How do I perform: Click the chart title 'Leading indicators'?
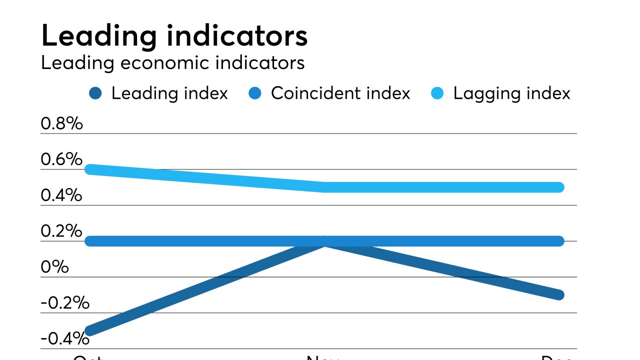point(174,36)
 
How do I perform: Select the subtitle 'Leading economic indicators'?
point(172,63)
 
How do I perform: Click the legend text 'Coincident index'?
point(340,93)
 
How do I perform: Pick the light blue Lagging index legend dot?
point(437,93)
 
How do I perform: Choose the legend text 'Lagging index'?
point(511,93)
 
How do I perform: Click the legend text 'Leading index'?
point(169,93)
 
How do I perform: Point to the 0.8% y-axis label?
point(61,123)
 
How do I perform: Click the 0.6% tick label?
point(61,159)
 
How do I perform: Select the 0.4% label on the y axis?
point(61,195)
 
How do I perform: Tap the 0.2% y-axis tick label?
point(61,231)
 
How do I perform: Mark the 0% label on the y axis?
point(54,266)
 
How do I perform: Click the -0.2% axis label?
point(65,302)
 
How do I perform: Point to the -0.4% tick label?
point(65,338)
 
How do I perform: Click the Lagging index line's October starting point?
point(90,169)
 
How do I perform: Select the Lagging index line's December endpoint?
point(559,187)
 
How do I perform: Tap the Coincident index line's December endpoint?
point(559,241)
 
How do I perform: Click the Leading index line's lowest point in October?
point(90,330)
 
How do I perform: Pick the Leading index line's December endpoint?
point(559,295)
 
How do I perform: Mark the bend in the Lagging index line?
point(325,187)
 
